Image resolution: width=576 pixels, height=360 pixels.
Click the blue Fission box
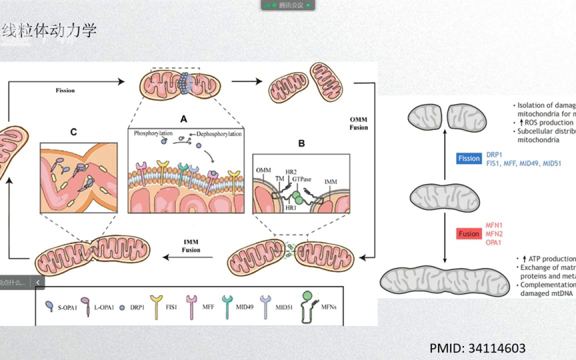[469, 158]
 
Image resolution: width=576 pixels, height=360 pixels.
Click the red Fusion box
[469, 233]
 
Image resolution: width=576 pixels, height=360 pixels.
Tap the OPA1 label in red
[493, 242]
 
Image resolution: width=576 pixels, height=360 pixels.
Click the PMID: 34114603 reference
[477, 348]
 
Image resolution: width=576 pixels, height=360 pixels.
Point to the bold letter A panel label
[183, 119]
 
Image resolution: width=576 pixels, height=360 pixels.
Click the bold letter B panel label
[301, 143]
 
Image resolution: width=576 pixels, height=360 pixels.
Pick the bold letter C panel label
[73, 132]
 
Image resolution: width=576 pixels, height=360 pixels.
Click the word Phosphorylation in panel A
[153, 134]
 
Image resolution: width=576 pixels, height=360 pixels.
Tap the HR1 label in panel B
[291, 207]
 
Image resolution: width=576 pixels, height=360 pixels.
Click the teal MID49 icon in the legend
[228, 304]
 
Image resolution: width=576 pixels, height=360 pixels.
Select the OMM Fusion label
[359, 123]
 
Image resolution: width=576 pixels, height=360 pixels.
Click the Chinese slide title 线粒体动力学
[49, 31]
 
